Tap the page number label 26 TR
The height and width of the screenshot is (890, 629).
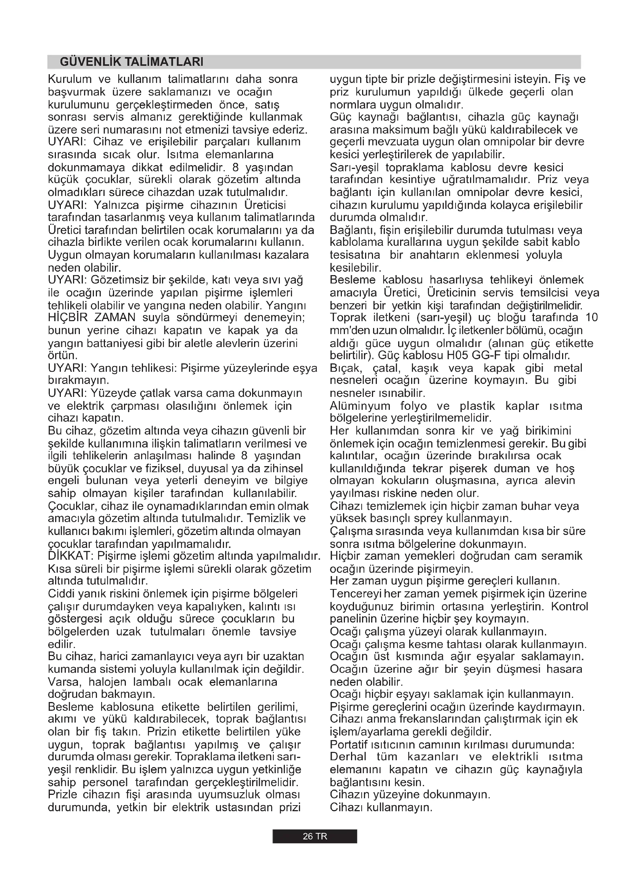point(314,836)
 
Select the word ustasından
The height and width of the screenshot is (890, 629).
point(243,807)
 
